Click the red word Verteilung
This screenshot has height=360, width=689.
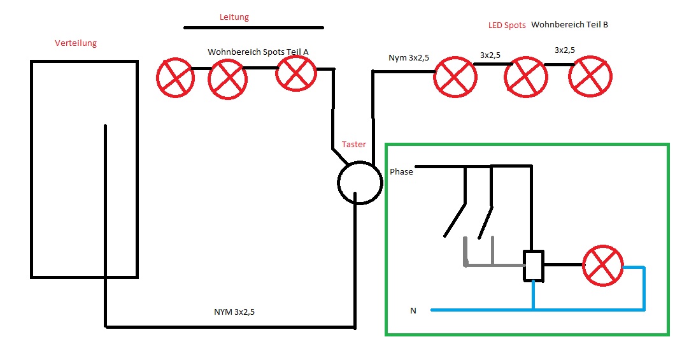pyautogui.click(x=76, y=43)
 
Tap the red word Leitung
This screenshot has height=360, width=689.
pyautogui.click(x=234, y=17)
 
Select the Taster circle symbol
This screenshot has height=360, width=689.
pyautogui.click(x=359, y=182)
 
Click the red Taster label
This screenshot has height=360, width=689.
pyautogui.click(x=354, y=145)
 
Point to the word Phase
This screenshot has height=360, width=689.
pyautogui.click(x=401, y=172)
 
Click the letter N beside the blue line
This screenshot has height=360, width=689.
pyautogui.click(x=413, y=311)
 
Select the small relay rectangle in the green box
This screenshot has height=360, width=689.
pyautogui.click(x=533, y=265)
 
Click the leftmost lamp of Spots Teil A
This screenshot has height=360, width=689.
pyautogui.click(x=175, y=78)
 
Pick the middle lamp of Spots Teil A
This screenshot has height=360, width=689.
pyautogui.click(x=228, y=80)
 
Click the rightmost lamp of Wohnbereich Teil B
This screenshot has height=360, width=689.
pyautogui.click(x=590, y=76)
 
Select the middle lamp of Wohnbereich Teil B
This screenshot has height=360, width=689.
pyautogui.click(x=525, y=78)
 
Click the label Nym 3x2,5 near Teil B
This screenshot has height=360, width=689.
pyautogui.click(x=409, y=58)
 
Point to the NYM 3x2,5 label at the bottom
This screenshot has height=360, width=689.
pyautogui.click(x=238, y=313)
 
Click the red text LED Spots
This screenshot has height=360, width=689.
pyautogui.click(x=507, y=25)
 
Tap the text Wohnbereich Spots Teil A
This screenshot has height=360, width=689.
pyautogui.click(x=258, y=51)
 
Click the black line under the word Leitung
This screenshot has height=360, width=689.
pyautogui.click(x=253, y=28)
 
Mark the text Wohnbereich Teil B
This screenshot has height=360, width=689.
pyautogui.click(x=569, y=25)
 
